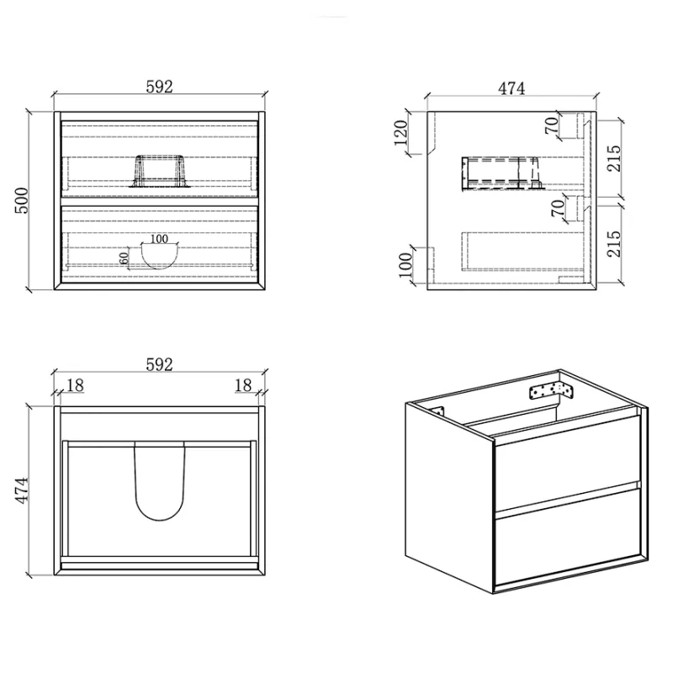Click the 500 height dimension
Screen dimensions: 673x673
pos(22,200)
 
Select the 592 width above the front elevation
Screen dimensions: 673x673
pos(159,87)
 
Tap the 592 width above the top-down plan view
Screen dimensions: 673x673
pos(159,364)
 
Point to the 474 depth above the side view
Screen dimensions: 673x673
pos(511,88)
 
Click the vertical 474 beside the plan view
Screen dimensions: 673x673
pos(22,490)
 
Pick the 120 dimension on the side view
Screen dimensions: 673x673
pos(400,133)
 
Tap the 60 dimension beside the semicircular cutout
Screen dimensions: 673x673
pos(124,258)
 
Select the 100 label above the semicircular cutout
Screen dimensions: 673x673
pos(159,239)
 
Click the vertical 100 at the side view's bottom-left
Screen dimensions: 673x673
pos(405,265)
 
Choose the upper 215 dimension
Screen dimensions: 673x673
pos(614,158)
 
